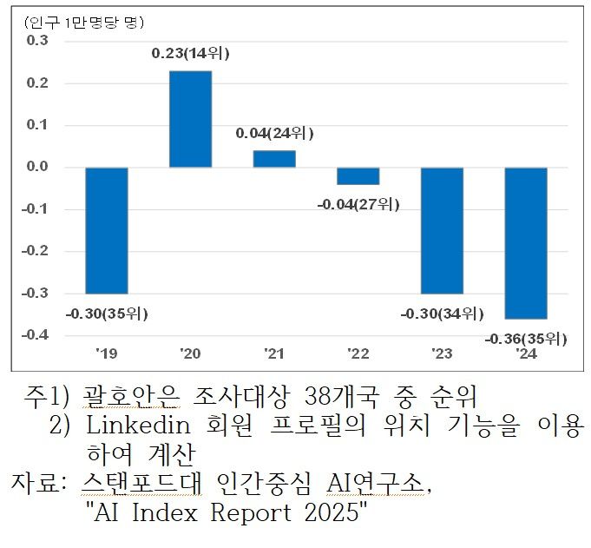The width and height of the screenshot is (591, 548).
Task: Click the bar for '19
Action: pyautogui.click(x=106, y=230)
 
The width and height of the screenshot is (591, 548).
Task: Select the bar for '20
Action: pyautogui.click(x=190, y=119)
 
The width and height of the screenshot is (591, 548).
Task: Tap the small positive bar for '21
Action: pyautogui.click(x=274, y=159)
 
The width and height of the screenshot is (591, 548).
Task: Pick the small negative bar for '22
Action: pyautogui.click(x=358, y=175)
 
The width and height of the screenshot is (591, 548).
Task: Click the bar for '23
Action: pyautogui.click(x=442, y=230)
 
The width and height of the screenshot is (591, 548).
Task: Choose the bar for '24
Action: pyautogui.click(x=526, y=243)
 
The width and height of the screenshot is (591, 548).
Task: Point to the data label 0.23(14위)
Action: pyautogui.click(x=191, y=54)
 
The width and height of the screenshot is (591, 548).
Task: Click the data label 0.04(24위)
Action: pyautogui.click(x=274, y=134)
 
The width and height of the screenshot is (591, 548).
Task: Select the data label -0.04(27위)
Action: pyautogui.click(x=358, y=204)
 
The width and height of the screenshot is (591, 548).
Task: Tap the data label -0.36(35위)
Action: pyautogui.click(x=526, y=337)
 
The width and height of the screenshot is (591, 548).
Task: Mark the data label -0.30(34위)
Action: pyautogui.click(x=442, y=314)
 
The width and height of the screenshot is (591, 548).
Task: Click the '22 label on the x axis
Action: pyautogui.click(x=358, y=353)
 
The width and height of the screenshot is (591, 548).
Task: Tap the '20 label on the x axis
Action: pyautogui.click(x=190, y=353)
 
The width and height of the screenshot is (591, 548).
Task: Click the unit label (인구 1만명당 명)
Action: pyautogui.click(x=84, y=20)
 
